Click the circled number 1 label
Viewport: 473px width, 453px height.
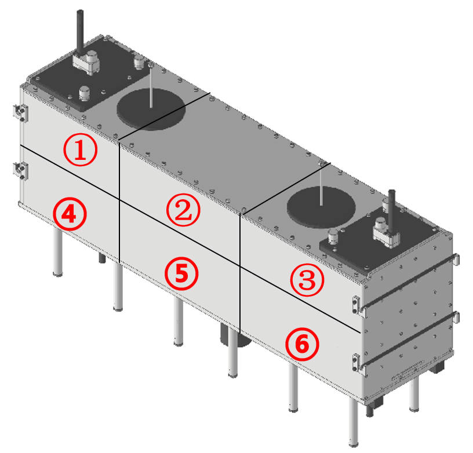[x=80, y=149]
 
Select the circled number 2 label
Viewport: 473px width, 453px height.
[x=183, y=210]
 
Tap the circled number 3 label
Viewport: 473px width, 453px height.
[x=307, y=280]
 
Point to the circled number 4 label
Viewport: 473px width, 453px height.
[x=70, y=214]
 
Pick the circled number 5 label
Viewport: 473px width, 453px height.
[x=181, y=273]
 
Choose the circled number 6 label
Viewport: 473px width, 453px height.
[x=302, y=344]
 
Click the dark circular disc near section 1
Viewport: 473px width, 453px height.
[x=151, y=109]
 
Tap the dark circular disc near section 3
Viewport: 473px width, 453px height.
[x=321, y=207]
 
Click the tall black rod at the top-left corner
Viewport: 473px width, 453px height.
[x=80, y=32]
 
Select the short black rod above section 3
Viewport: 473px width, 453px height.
[x=391, y=211]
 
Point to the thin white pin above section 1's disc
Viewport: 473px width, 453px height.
[x=151, y=85]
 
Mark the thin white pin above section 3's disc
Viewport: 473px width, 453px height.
[x=322, y=184]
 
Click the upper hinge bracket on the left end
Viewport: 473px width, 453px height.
[x=20, y=113]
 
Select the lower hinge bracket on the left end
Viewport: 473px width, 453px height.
[x=20, y=170]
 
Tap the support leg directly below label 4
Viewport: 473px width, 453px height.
[x=57, y=251]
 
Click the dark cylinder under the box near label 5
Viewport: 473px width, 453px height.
[x=236, y=335]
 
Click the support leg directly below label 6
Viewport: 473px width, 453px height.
[x=293, y=388]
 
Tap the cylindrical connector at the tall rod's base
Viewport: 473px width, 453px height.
[x=92, y=57]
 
